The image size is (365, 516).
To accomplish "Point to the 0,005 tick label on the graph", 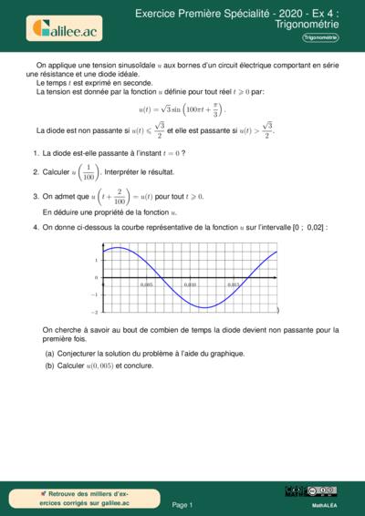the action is pyautogui.click(x=146, y=284).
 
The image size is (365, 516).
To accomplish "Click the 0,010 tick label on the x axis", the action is pyautogui.click(x=190, y=284).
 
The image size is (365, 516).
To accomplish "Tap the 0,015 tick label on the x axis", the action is pyautogui.click(x=234, y=284).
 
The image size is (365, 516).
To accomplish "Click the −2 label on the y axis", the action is pyautogui.click(x=95, y=311).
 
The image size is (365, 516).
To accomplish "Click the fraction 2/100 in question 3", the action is pyautogui.click(x=119, y=196).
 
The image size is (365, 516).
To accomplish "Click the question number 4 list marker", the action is pyautogui.click(x=35, y=227).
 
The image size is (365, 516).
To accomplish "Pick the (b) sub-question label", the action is pyautogui.click(x=49, y=366).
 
